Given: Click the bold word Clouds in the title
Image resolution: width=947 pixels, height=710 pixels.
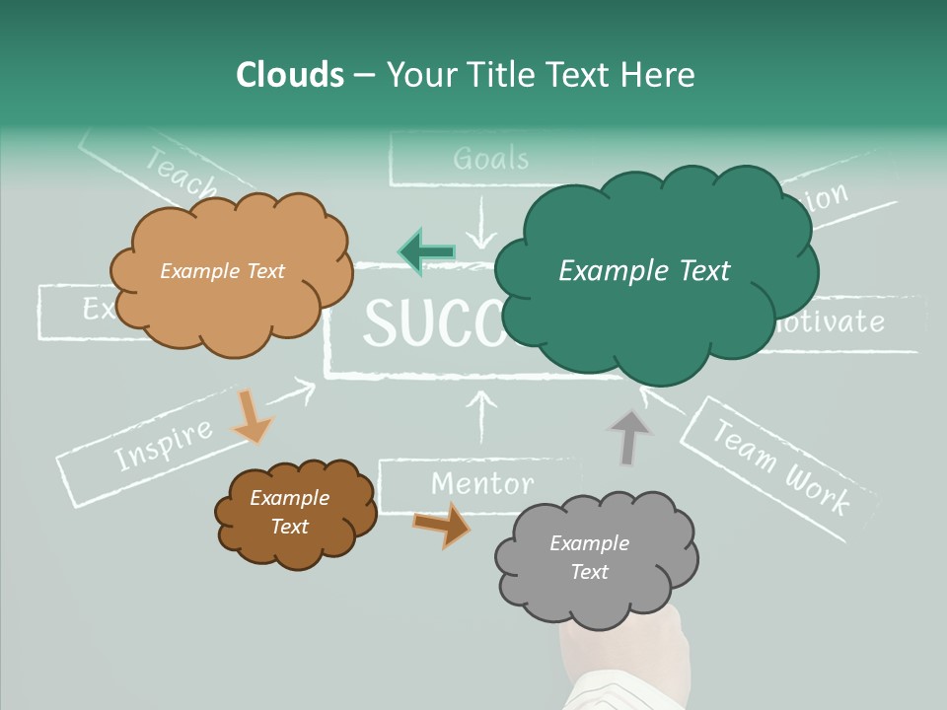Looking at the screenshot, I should (290, 75).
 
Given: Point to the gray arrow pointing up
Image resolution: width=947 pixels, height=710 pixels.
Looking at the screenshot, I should (628, 437).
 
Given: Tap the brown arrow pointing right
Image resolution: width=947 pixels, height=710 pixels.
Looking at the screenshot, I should (442, 524).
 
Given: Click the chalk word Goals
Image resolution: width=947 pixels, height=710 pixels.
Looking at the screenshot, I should (490, 159).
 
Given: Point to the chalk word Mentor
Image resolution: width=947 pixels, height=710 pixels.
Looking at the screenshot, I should (482, 483).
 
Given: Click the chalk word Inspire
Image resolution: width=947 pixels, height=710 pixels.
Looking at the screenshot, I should (163, 444).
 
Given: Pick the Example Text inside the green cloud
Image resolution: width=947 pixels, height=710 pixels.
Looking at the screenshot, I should (644, 270).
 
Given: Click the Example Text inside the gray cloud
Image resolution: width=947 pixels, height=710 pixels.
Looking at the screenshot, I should (589, 557).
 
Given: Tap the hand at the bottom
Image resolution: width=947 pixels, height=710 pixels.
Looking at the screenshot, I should (617, 661).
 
